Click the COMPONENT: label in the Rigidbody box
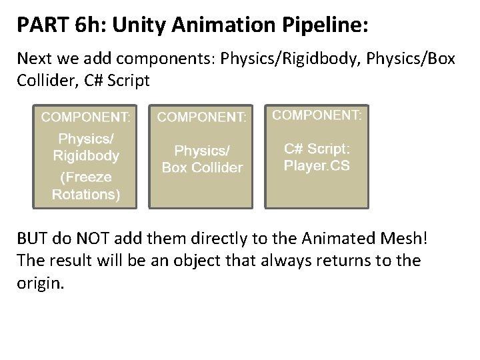tap(86, 117)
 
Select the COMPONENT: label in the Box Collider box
tap(202, 117)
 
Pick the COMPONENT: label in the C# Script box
tap(317, 115)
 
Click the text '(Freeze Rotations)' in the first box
tap(86, 186)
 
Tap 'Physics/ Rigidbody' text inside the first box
tap(86, 147)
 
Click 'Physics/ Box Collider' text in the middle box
tap(202, 159)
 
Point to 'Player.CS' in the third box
tap(317, 165)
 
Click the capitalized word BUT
tap(34, 238)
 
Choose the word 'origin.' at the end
tap(39, 282)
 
